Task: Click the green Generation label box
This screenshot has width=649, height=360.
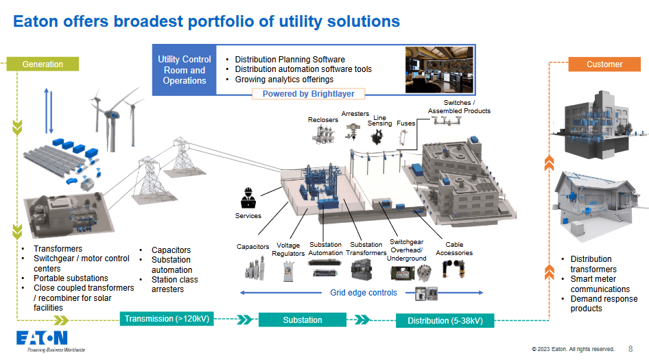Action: click(x=43, y=64)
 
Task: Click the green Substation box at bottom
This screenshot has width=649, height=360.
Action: click(x=302, y=320)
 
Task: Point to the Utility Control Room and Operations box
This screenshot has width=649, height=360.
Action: click(x=185, y=71)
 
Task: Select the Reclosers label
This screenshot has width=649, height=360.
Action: click(x=323, y=120)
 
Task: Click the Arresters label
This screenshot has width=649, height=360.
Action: click(x=355, y=114)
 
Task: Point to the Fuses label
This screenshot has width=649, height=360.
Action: click(x=406, y=123)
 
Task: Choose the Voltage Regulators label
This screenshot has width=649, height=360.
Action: click(x=289, y=249)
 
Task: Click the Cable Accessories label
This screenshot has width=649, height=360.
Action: click(x=454, y=248)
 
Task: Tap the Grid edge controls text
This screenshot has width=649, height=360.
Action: click(x=364, y=293)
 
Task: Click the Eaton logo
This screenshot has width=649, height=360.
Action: click(x=43, y=339)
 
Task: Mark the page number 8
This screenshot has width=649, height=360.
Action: click(x=630, y=348)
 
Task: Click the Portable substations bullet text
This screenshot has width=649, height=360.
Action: click(x=71, y=278)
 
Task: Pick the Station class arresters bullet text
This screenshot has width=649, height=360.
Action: click(x=174, y=285)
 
